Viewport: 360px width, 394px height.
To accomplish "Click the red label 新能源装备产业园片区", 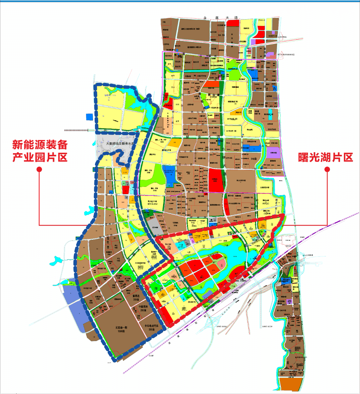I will coord(40,151).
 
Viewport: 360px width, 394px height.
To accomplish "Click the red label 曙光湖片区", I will coord(325,157).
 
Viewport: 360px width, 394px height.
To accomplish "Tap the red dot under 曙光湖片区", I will coord(327,170).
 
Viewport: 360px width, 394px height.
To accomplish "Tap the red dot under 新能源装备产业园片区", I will coord(39,170).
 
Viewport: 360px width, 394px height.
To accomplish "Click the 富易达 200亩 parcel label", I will coord(136,297).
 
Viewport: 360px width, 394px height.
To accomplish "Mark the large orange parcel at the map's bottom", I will coord(291,384).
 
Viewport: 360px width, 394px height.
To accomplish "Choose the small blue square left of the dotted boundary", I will coord(89,117).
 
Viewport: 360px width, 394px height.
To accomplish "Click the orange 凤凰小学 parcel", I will coord(239,113).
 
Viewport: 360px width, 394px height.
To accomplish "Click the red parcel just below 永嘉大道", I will coord(233,23).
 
